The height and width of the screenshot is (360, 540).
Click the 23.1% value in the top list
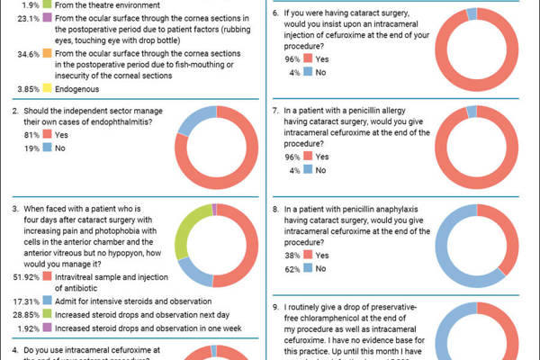pos(29,17)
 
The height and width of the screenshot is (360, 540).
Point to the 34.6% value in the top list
pos(29,55)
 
